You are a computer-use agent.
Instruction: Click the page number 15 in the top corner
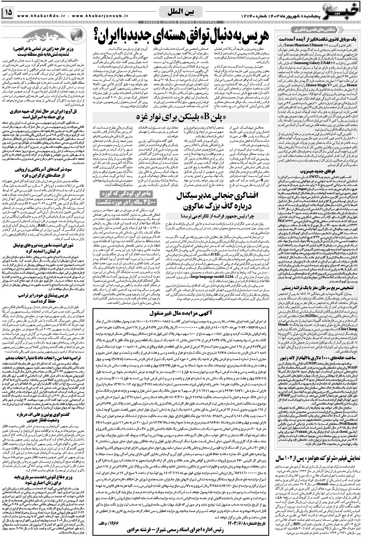7,13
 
